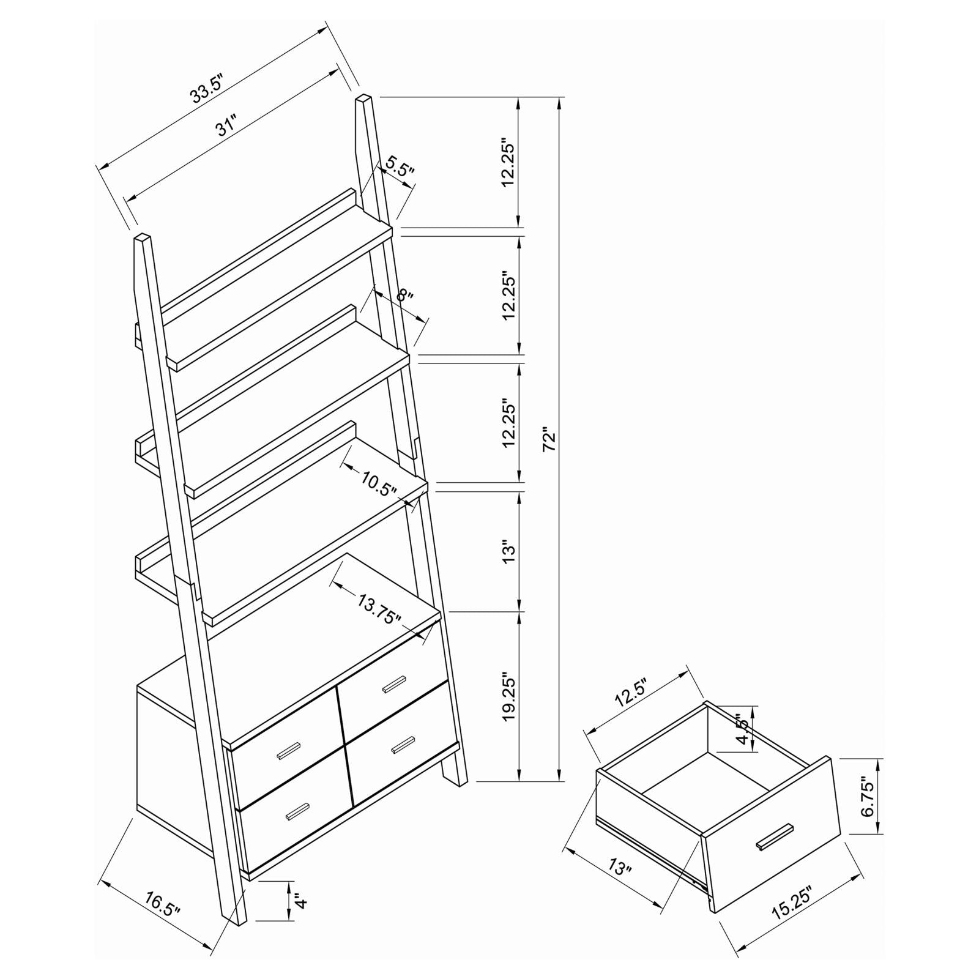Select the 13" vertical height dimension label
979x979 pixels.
click(509, 551)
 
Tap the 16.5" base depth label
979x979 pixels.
click(163, 903)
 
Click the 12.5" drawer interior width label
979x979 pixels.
click(631, 693)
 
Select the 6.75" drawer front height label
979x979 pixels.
click(868, 797)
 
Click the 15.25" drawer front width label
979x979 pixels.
click(793, 903)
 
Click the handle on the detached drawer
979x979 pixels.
click(775, 836)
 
